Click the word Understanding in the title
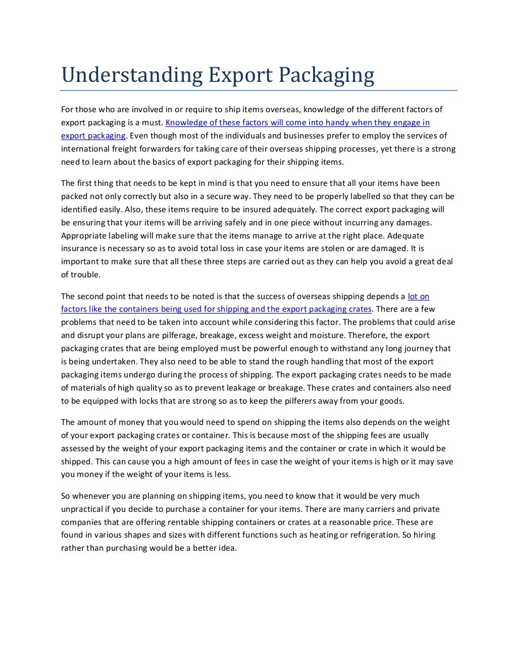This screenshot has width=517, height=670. pos(131,75)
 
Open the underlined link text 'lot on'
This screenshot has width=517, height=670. pos(418,296)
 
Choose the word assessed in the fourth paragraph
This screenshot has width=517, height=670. pos(77,449)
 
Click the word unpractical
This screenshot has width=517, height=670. pos(81,509)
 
